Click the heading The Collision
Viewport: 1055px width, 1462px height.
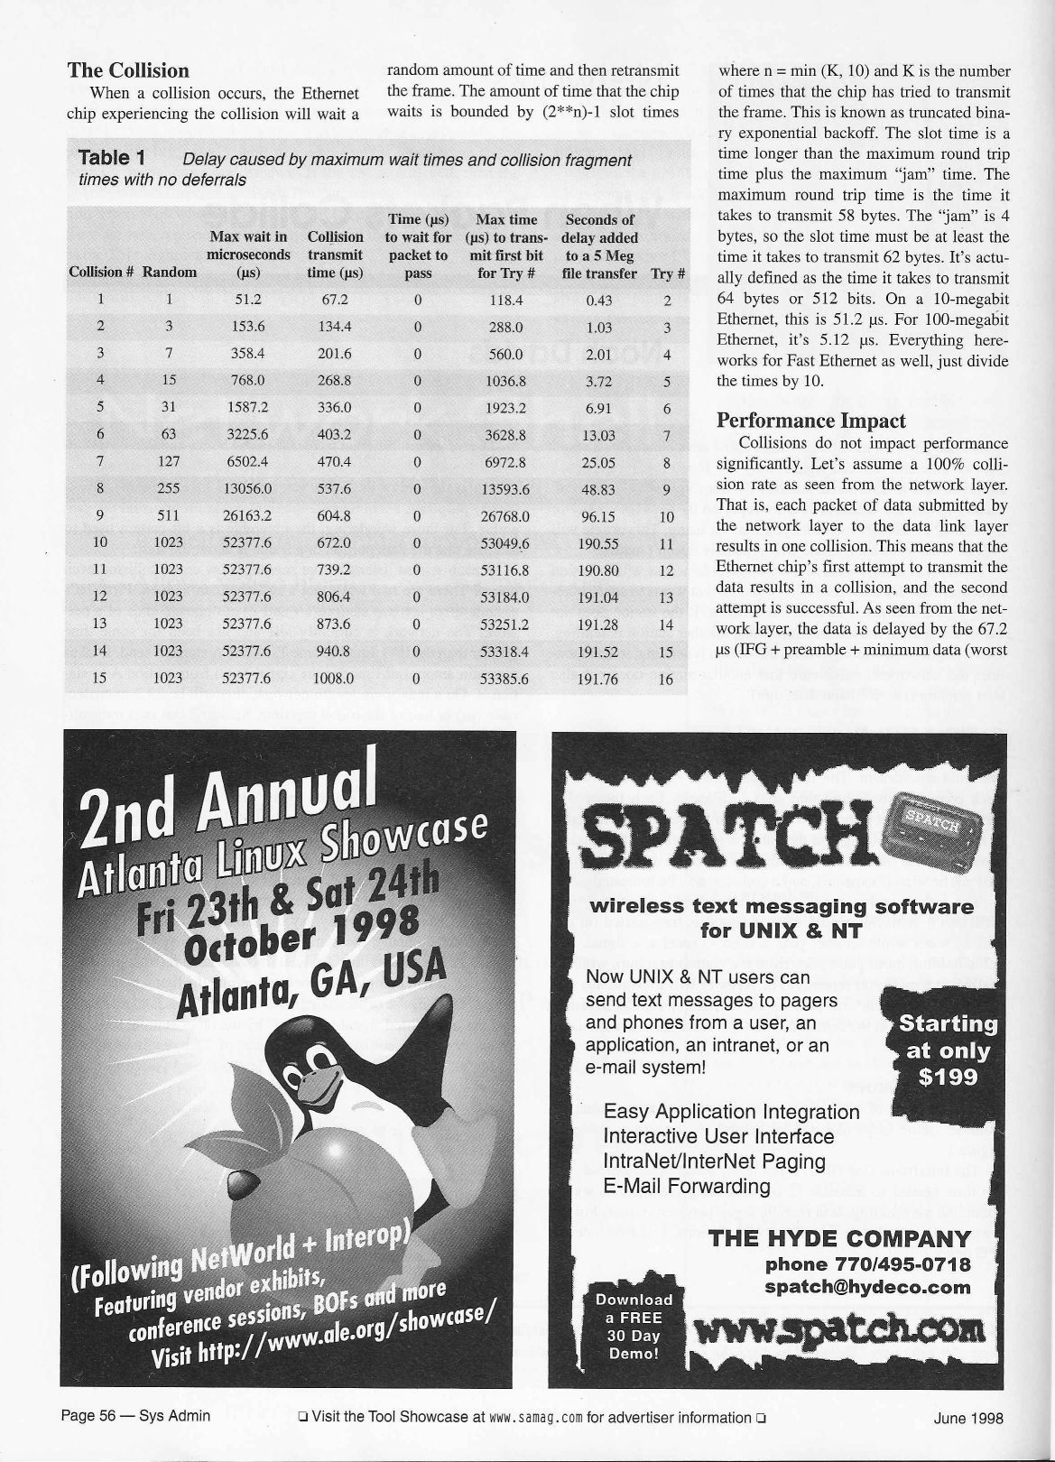tap(128, 70)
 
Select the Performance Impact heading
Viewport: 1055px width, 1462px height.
tap(810, 421)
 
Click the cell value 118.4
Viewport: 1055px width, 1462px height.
tap(505, 301)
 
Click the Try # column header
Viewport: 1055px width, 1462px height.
tap(668, 273)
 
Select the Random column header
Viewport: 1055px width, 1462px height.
tap(170, 273)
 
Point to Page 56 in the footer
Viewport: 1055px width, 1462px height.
tap(88, 1416)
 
